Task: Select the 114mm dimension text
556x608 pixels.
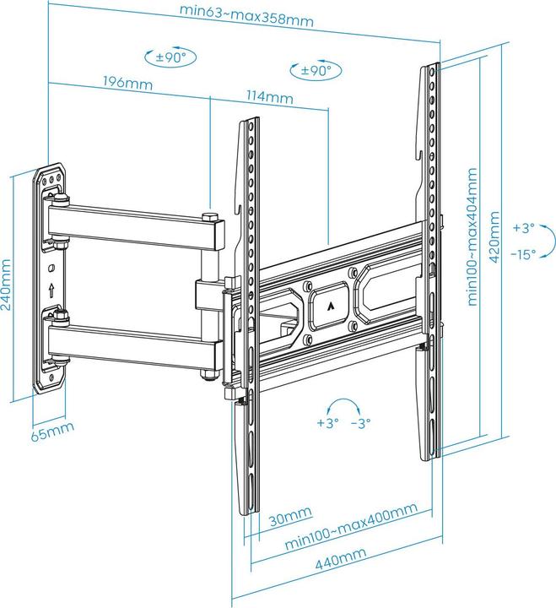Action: coord(274,98)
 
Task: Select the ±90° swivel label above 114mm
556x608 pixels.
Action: coord(310,71)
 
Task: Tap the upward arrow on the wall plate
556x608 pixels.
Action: coord(52,290)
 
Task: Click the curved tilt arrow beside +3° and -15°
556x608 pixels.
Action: coord(549,241)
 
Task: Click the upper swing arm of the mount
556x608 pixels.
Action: coord(135,227)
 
